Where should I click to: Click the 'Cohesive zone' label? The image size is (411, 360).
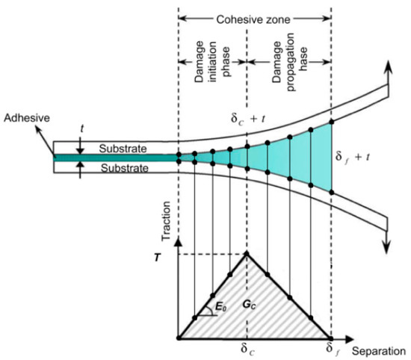(x=254, y=14)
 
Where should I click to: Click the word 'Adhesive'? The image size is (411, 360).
(x=22, y=119)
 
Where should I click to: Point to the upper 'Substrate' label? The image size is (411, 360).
(x=121, y=149)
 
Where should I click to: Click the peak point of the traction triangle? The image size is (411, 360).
(x=247, y=254)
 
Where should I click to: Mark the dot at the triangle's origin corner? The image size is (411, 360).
(x=179, y=338)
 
